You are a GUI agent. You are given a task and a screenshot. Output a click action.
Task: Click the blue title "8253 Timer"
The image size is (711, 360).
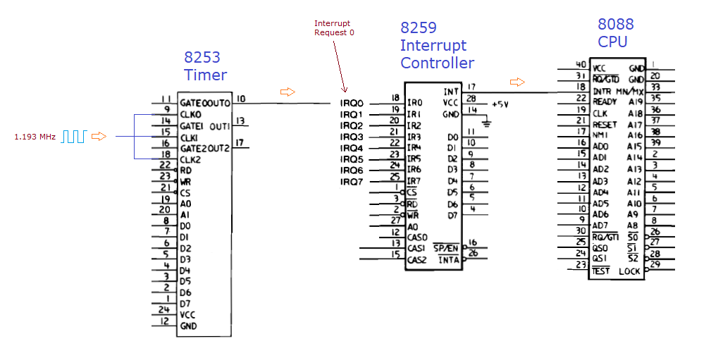pyautogui.click(x=206, y=66)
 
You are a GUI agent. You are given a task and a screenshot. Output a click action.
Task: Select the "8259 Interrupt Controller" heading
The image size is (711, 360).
pyautogui.click(x=437, y=46)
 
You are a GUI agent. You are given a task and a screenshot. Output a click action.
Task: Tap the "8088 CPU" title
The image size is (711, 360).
pyautogui.click(x=616, y=33)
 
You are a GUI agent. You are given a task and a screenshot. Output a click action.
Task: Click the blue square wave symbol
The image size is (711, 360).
pyautogui.click(x=73, y=136)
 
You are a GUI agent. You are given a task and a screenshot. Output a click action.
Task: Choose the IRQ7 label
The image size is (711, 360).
pyautogui.click(x=352, y=182)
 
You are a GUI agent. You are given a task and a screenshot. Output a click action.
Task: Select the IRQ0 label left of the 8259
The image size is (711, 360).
pyautogui.click(x=352, y=103)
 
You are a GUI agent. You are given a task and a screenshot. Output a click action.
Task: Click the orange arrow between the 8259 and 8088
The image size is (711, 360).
pyautogui.click(x=518, y=82)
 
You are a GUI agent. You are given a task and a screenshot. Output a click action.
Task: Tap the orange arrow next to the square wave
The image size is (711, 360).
pyautogui.click(x=99, y=136)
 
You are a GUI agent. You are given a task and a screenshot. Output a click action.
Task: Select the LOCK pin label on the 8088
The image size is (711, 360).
pyautogui.click(x=630, y=271)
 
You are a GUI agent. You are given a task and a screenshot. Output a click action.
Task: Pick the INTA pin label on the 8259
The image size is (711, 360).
pyautogui.click(x=449, y=260)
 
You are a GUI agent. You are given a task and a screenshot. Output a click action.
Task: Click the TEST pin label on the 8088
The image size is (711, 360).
pyautogui.click(x=601, y=271)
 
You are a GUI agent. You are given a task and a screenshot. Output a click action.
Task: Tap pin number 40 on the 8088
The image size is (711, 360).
pyautogui.click(x=581, y=65)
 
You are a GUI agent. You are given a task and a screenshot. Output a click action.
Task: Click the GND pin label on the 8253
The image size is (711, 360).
pyautogui.click(x=188, y=326)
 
